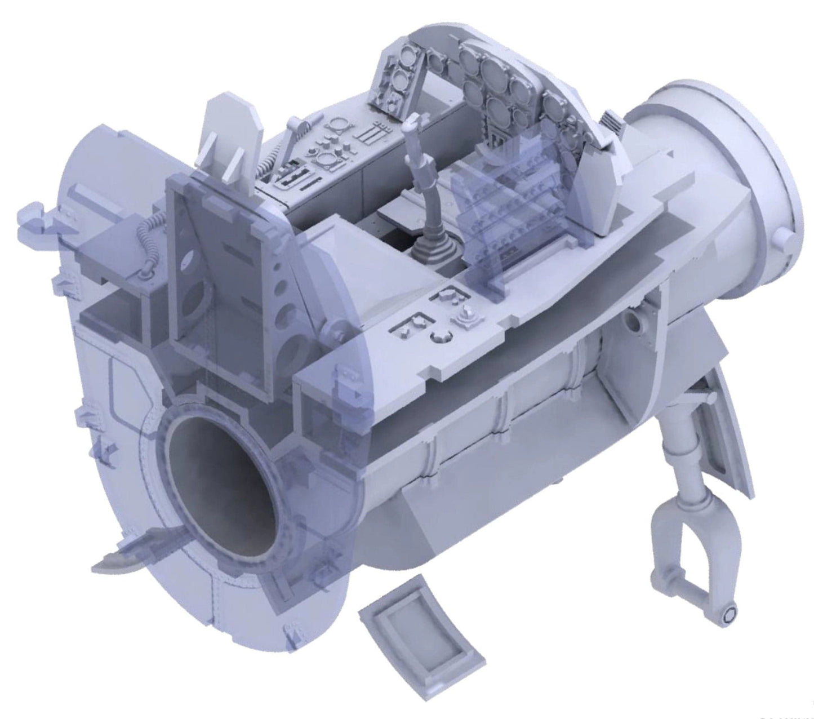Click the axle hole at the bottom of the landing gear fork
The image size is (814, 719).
click(730, 613)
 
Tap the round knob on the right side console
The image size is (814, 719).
click(441, 337)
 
